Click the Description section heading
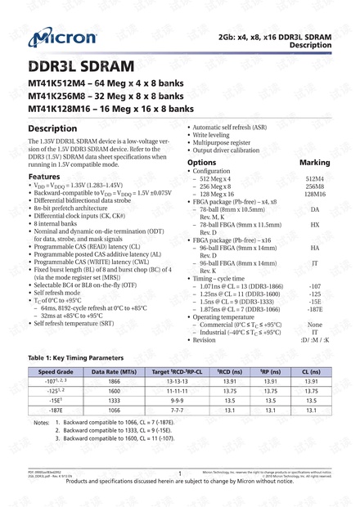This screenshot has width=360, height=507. [x=52, y=128]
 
